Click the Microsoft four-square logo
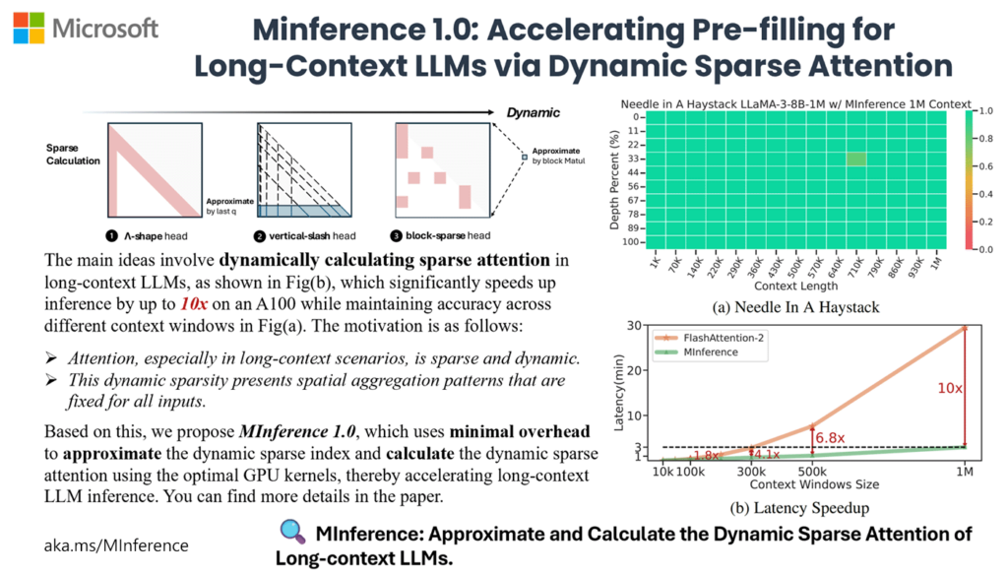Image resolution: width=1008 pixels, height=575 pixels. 29,28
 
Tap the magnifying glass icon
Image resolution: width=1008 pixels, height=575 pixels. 292,533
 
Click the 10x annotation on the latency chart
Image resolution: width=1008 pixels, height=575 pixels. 950,388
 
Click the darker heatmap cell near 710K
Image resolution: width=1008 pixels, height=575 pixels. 855,158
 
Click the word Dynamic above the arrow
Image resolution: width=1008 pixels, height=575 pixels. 535,112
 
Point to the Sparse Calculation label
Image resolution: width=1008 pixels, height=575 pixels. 73,155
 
